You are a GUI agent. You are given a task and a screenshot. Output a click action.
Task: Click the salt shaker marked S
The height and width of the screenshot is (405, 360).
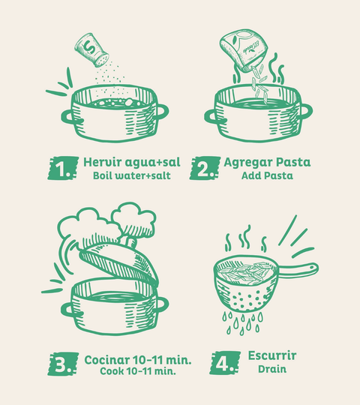[x=91, y=49]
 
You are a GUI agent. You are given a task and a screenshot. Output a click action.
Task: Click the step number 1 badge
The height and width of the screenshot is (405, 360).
[x=63, y=168]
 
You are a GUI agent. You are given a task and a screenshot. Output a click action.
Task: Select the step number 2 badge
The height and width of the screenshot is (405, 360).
[x=205, y=168]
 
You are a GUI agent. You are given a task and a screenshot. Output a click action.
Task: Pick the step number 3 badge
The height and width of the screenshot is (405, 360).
[x=63, y=364]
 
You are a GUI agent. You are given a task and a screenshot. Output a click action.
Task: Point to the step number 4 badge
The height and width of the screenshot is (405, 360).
[x=225, y=363]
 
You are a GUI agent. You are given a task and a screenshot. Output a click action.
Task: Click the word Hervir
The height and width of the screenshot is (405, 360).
[x=103, y=162]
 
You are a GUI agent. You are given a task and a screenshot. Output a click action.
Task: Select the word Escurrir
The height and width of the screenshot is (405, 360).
[x=272, y=355]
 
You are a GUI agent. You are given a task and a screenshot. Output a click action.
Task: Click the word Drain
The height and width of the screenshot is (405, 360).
[x=272, y=369]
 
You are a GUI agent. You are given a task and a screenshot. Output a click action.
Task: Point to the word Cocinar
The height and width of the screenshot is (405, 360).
[x=107, y=360]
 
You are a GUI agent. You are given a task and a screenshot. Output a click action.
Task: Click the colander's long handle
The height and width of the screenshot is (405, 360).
[x=298, y=271]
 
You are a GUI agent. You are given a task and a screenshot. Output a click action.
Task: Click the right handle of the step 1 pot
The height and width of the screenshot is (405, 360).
[x=161, y=112]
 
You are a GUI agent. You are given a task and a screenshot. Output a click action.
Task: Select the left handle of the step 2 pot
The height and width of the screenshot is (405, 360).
[x=212, y=116]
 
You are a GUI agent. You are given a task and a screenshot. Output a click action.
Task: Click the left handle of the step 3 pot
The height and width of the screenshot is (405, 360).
[x=69, y=310]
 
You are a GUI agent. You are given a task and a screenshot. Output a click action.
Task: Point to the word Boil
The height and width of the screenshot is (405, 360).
[x=102, y=175]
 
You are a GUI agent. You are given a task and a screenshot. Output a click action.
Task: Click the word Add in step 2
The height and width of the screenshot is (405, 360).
[x=250, y=175]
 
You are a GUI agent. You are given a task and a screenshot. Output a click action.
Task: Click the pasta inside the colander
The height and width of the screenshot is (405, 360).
[x=244, y=273]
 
